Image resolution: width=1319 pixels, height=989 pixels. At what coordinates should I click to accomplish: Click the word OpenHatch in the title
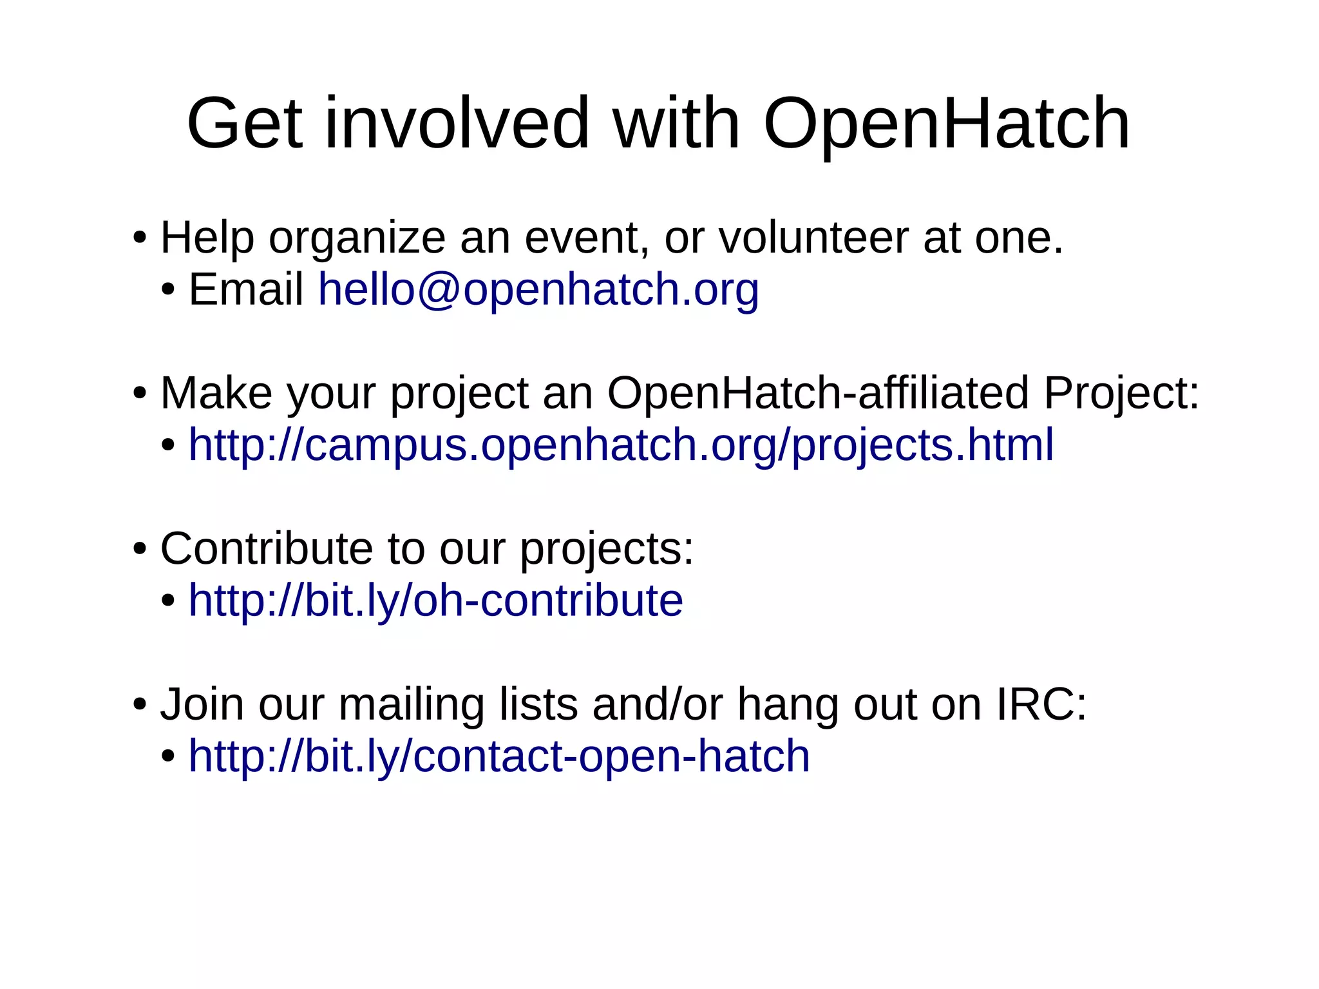946,124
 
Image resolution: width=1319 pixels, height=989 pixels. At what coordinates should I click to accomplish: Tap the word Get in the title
244,124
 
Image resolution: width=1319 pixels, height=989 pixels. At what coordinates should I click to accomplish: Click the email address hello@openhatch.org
538,289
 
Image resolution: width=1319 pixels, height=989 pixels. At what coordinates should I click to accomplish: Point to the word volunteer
813,238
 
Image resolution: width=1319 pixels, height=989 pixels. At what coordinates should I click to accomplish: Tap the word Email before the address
246,289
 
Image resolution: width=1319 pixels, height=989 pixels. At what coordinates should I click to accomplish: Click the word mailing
412,706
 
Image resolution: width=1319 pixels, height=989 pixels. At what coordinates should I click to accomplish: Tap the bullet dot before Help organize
140,238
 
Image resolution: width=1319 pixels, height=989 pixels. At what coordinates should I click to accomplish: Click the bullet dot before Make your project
140,393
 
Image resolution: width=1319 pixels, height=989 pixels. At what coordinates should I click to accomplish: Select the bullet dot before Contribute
140,549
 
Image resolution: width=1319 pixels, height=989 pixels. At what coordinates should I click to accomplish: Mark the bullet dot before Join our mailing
140,704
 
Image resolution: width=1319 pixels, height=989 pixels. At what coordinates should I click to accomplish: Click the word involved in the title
457,124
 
